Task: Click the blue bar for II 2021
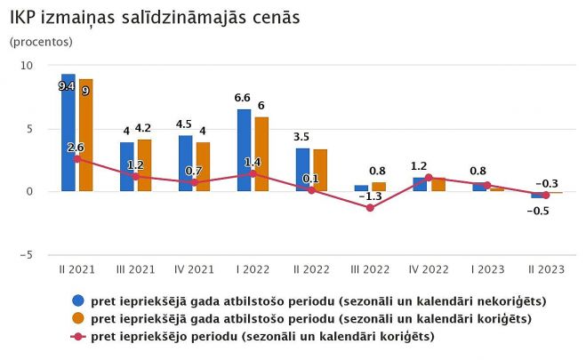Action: pos(68,132)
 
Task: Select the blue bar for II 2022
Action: pos(302,170)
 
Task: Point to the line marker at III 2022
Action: pos(370,207)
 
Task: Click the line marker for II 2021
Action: pos(77,158)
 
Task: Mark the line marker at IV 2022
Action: pos(429,177)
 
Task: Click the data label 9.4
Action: pos(66,86)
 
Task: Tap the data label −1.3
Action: pos(373,196)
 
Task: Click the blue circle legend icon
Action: pos(78,301)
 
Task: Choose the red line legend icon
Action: pos(78,336)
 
